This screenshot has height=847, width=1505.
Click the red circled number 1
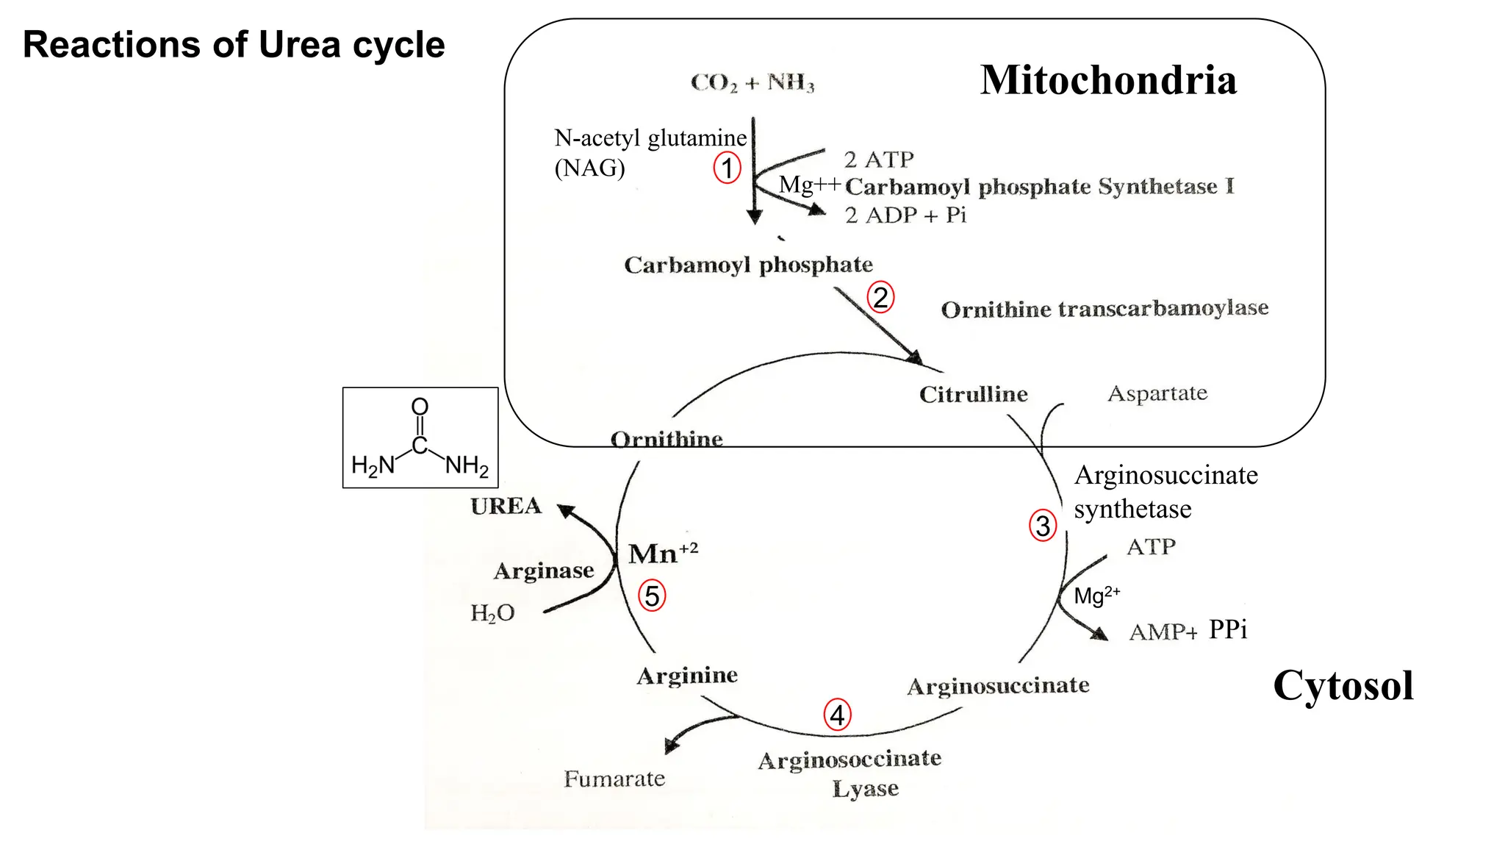(727, 168)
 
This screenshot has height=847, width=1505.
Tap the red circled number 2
(880, 298)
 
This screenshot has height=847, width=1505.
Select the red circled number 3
(1043, 526)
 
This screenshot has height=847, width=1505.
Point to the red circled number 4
(837, 715)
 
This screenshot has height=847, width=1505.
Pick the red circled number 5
(652, 596)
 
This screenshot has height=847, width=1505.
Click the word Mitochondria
(1108, 80)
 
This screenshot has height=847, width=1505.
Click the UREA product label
(506, 507)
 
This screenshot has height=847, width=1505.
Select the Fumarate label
(614, 779)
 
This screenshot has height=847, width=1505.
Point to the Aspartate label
(1157, 393)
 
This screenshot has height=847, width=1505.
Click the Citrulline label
(973, 395)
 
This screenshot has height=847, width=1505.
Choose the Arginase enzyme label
(544, 571)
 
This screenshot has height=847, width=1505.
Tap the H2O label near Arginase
(492, 613)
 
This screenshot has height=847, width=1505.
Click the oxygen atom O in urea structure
(420, 407)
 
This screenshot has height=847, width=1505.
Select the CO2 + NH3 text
(752, 82)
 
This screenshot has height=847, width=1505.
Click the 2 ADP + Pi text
(905, 215)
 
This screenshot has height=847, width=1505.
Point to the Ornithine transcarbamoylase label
(1104, 309)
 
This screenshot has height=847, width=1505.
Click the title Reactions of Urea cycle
(234, 45)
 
